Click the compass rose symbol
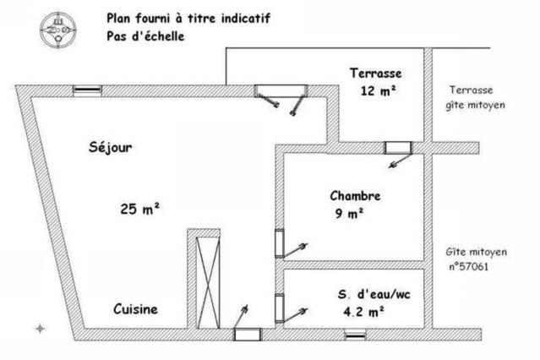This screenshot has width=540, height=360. [x=57, y=30]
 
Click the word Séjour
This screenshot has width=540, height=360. [x=110, y=147]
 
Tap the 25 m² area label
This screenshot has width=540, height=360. [x=139, y=209]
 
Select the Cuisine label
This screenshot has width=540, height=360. [x=135, y=309]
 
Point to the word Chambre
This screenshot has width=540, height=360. [x=355, y=196]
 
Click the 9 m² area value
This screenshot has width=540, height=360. [x=349, y=213]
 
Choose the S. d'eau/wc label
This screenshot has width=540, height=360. [x=374, y=295]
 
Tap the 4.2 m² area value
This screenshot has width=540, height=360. [x=363, y=312]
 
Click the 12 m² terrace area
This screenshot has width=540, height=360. [x=378, y=91]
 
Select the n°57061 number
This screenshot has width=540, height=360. [x=469, y=267]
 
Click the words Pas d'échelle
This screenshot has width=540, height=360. [x=145, y=36]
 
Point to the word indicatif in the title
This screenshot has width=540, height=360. [x=246, y=18]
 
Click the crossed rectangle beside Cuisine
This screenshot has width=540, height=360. [x=208, y=282]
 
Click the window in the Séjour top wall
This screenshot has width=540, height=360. [x=88, y=90]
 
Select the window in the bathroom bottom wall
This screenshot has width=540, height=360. [x=355, y=335]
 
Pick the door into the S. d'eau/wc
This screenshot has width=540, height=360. [x=291, y=309]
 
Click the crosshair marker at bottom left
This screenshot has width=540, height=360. [x=41, y=329]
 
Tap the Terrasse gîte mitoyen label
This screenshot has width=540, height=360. [x=475, y=98]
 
